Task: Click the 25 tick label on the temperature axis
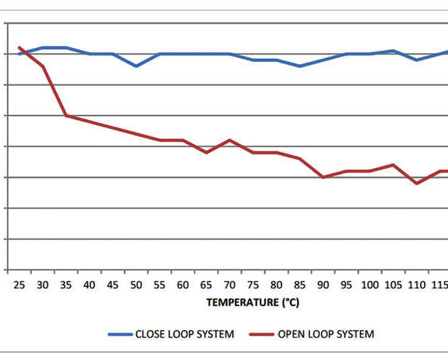coord(19,285)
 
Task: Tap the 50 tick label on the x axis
coord(137,285)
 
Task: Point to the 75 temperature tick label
coord(253,285)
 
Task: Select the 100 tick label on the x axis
coord(370,285)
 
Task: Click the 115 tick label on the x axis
coord(440,285)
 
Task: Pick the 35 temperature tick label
coord(66,285)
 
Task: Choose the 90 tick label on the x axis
coord(323,285)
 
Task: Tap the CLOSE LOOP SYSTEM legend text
coord(184,334)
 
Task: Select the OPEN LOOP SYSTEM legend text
coord(326,334)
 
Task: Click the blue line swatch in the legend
coord(119,334)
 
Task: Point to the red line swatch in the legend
coord(261,334)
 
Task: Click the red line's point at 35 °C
coord(66,115)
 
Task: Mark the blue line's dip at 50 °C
coord(137,66)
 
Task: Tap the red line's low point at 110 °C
coord(417,183)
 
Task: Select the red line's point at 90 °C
coord(323,177)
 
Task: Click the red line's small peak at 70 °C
coord(230,140)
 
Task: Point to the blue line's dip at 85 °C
coord(300,66)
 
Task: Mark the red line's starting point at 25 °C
coord(19,47)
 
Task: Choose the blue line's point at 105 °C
coord(393,51)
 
